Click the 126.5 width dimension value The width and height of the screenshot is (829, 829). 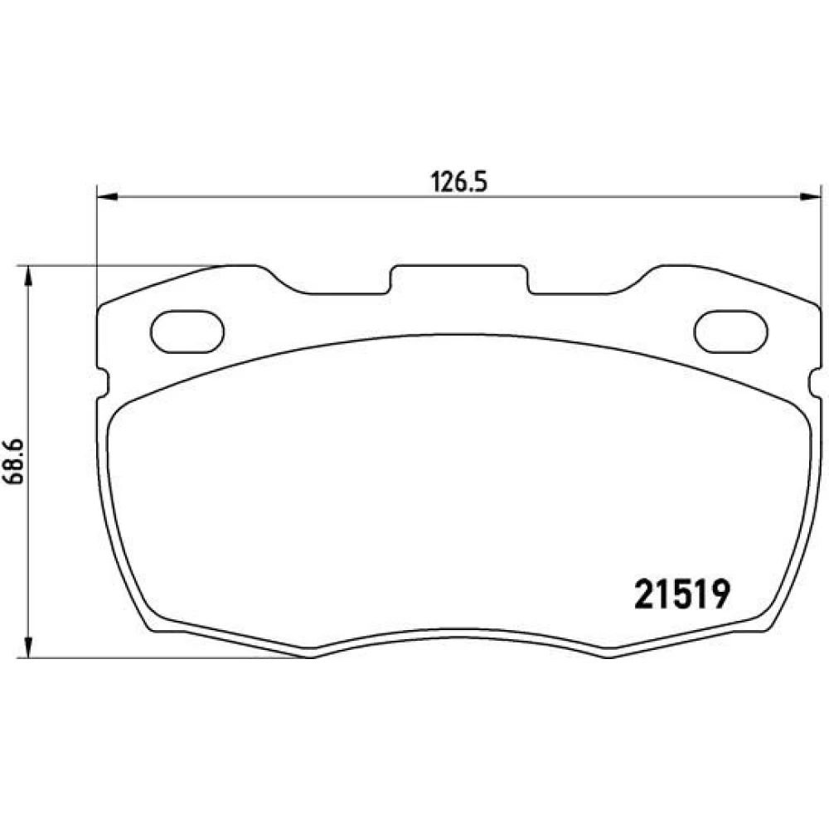click(x=458, y=182)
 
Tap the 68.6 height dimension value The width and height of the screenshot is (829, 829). click(x=14, y=462)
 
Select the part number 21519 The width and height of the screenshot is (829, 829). click(x=682, y=594)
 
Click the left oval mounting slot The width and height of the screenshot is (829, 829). click(x=187, y=332)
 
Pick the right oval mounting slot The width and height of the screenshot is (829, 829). click(x=730, y=332)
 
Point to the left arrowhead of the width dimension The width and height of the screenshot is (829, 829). click(x=106, y=197)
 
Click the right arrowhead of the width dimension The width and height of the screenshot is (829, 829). click(x=812, y=197)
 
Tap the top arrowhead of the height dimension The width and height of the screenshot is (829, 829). click(x=28, y=275)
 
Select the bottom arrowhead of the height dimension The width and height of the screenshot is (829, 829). click(x=28, y=647)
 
